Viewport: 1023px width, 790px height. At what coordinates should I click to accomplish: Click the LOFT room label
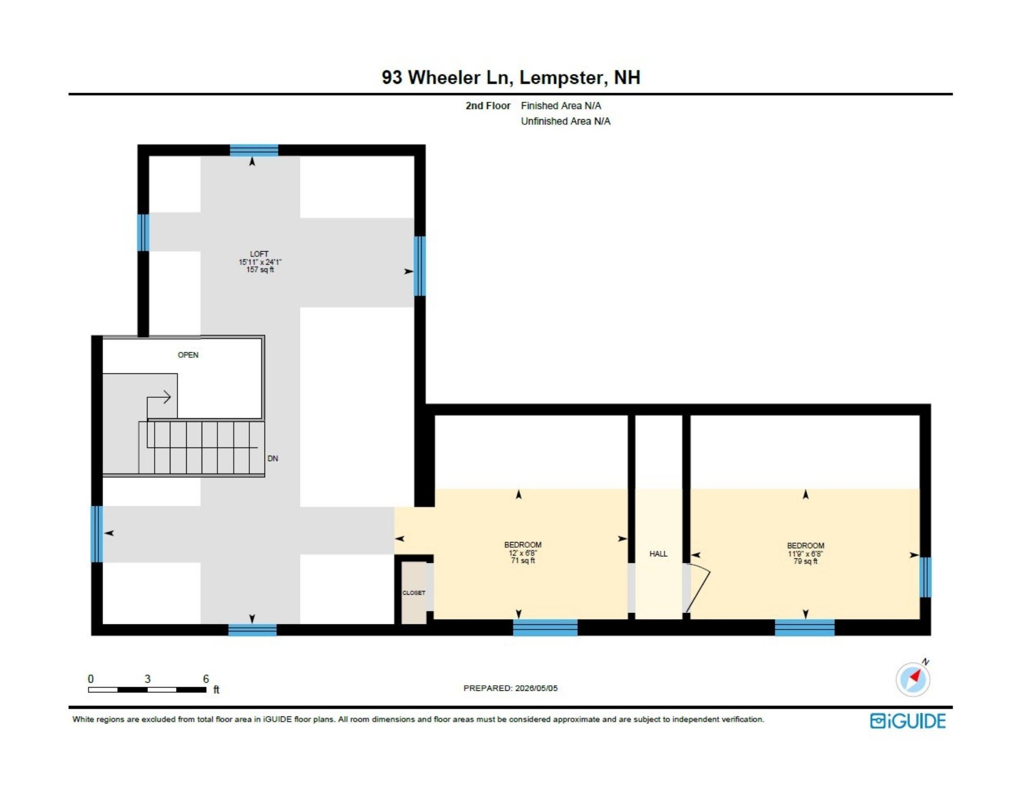click(x=259, y=254)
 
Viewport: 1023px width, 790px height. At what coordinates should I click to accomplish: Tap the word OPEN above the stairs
click(x=188, y=355)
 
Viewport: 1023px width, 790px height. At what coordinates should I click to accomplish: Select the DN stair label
click(x=273, y=459)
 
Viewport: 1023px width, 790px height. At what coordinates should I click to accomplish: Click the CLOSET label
click(x=413, y=593)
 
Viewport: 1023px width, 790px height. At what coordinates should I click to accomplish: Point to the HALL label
click(x=658, y=554)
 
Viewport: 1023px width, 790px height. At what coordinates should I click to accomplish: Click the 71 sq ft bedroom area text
click(x=523, y=561)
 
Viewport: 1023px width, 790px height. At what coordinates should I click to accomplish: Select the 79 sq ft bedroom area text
click(x=806, y=561)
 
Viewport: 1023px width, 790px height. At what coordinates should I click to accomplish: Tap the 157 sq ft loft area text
click(x=260, y=269)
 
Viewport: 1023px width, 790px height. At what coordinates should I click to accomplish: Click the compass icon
click(x=913, y=678)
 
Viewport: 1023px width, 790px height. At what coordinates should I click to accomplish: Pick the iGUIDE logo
click(x=908, y=721)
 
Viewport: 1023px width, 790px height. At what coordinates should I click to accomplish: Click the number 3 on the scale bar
click(x=147, y=679)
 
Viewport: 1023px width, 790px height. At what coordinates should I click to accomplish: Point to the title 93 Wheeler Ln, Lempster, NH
click(x=511, y=77)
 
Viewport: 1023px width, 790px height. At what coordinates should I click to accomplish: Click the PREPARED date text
click(x=510, y=688)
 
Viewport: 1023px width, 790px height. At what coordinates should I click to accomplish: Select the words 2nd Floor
click(x=488, y=106)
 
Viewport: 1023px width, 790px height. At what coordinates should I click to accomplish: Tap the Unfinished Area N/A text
click(x=565, y=121)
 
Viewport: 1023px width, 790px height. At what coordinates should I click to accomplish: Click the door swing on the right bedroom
click(x=698, y=588)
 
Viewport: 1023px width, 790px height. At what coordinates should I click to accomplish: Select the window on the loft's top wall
click(x=254, y=150)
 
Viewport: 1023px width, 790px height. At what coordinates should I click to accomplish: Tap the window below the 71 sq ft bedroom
click(x=545, y=627)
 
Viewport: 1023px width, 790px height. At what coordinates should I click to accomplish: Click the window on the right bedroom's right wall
click(x=925, y=577)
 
